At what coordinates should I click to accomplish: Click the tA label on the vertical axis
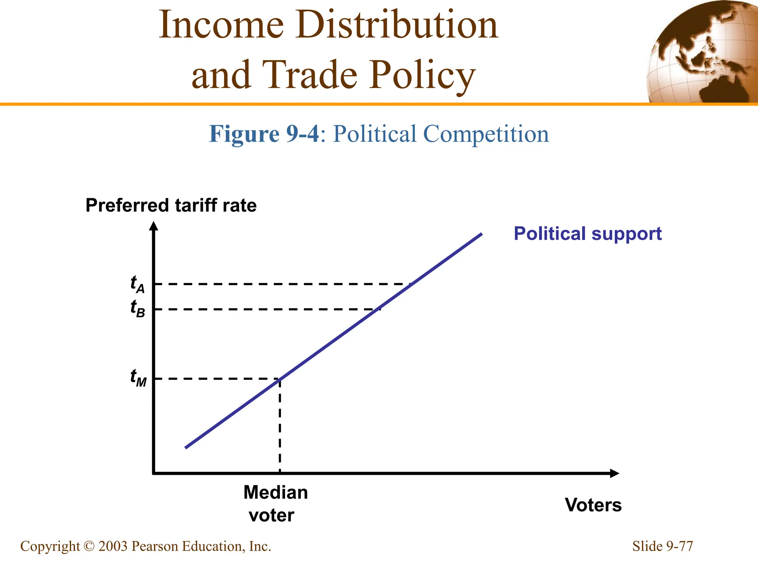(x=137, y=284)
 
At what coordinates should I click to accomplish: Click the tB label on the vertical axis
(x=138, y=308)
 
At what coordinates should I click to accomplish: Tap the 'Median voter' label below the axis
(x=275, y=504)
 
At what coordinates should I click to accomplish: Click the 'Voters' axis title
(x=593, y=505)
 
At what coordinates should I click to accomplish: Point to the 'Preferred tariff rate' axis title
(x=171, y=205)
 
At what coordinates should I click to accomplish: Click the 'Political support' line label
(x=587, y=234)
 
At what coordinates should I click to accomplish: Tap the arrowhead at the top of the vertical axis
(x=154, y=225)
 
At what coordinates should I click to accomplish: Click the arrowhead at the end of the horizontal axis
(x=614, y=473)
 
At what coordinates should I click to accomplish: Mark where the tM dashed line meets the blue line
(x=280, y=379)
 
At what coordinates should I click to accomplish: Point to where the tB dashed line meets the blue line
(x=378, y=309)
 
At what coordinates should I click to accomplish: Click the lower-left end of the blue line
(x=186, y=447)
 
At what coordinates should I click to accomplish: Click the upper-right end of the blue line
(x=481, y=234)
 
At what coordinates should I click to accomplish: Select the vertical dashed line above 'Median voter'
(x=280, y=425)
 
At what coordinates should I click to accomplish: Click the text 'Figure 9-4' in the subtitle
(x=264, y=134)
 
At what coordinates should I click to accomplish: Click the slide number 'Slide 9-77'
(x=662, y=546)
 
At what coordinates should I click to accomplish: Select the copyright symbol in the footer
(x=89, y=547)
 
